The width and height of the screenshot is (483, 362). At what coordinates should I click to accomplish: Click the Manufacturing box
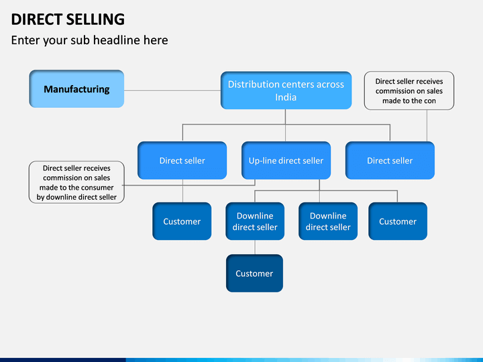76,89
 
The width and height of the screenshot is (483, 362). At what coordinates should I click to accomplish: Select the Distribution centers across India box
286,90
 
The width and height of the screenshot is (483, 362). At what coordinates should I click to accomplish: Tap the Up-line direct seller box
286,160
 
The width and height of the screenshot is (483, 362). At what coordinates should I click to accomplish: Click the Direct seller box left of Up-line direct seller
182,160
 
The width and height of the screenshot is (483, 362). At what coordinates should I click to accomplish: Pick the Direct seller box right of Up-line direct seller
390,160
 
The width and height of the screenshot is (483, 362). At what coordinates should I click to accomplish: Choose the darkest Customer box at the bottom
254,274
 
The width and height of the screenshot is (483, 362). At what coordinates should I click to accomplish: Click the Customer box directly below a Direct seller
182,221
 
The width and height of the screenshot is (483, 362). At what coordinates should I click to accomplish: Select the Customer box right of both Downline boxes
398,221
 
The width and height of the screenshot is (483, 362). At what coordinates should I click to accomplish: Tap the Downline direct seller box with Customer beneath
255,221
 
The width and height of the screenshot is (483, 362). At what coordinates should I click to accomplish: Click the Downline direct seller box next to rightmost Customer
328,221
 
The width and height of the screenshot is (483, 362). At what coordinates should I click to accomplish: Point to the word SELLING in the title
95,19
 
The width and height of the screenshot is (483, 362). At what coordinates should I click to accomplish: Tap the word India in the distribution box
286,97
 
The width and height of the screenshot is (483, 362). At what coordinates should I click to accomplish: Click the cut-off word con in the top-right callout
430,101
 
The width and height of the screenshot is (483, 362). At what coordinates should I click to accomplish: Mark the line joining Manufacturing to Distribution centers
172,90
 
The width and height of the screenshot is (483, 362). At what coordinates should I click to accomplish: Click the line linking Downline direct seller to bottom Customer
255,247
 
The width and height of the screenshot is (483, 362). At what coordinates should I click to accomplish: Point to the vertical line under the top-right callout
427,125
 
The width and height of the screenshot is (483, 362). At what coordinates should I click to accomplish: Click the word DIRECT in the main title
37,19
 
